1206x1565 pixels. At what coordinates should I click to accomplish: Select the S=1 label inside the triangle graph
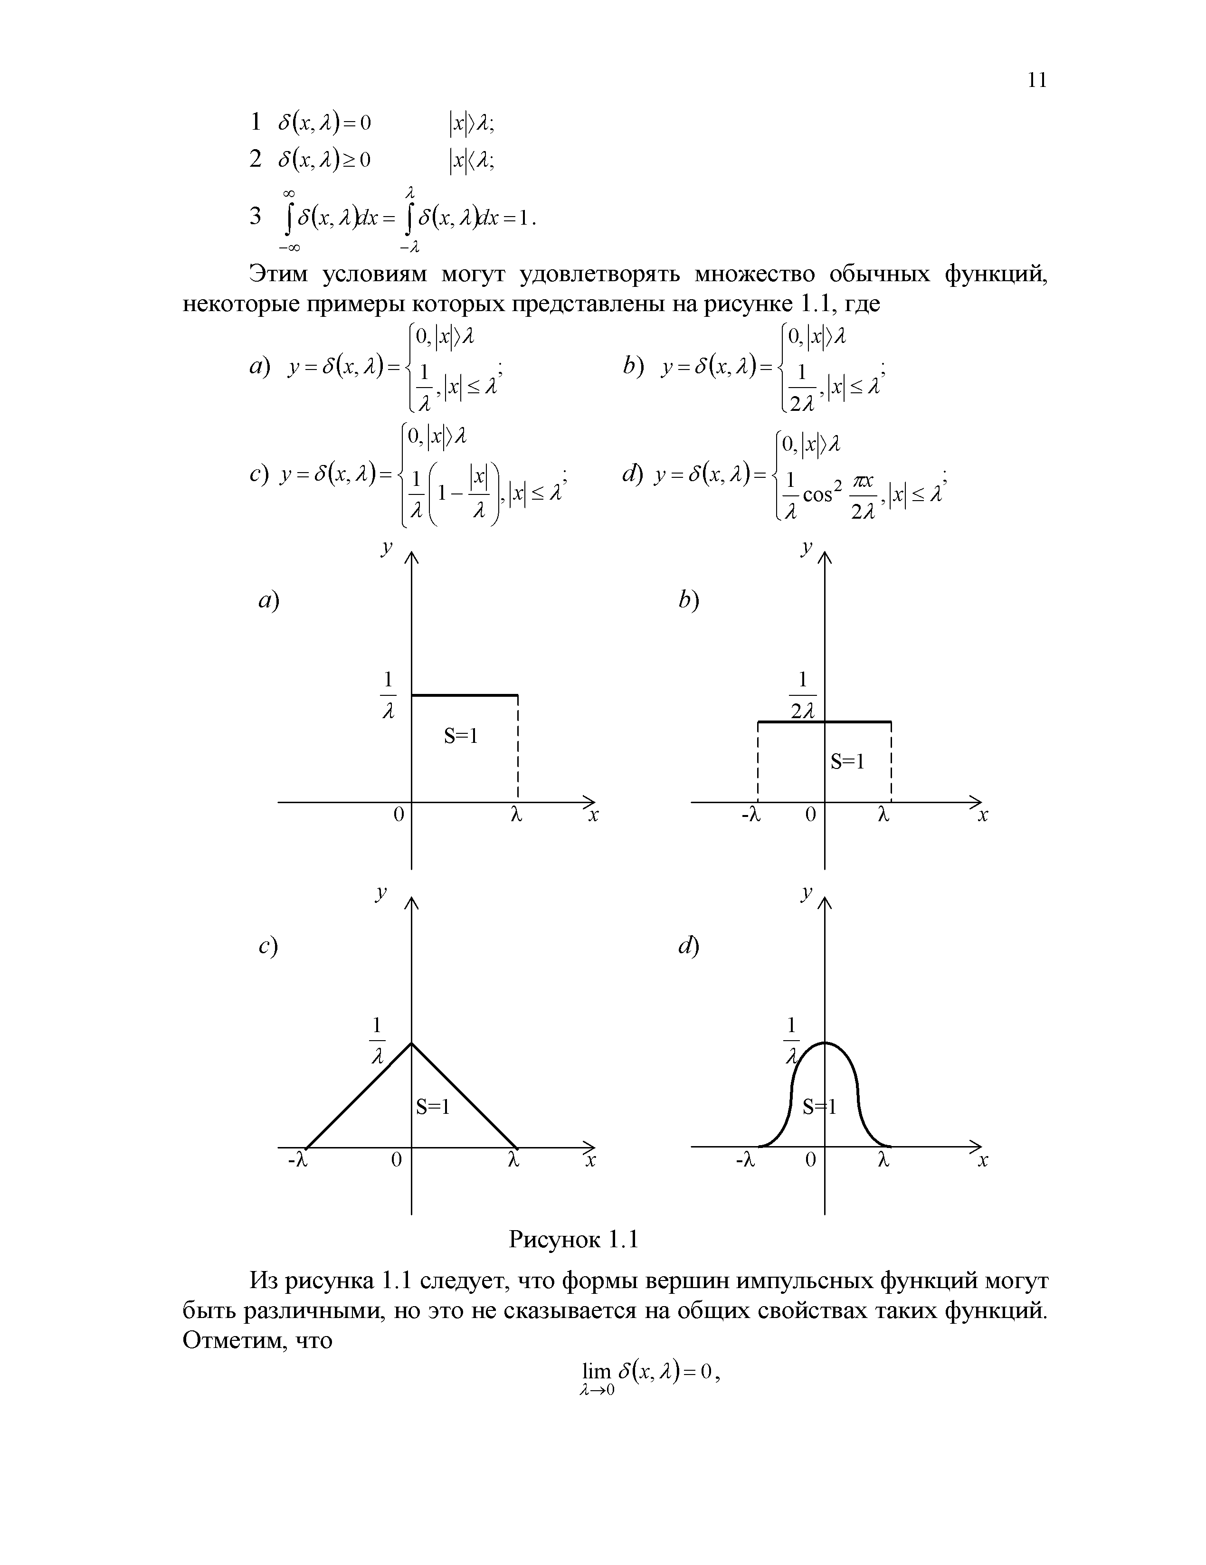point(433,1107)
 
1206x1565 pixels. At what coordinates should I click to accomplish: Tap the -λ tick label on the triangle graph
point(297,1159)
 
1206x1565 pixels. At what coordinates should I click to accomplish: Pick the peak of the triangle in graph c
point(411,1043)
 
